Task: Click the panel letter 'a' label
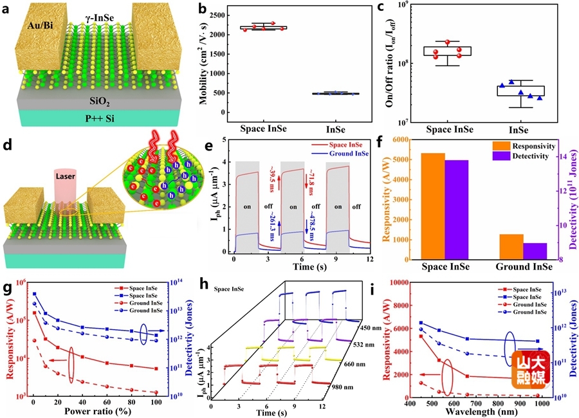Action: click(8, 10)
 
